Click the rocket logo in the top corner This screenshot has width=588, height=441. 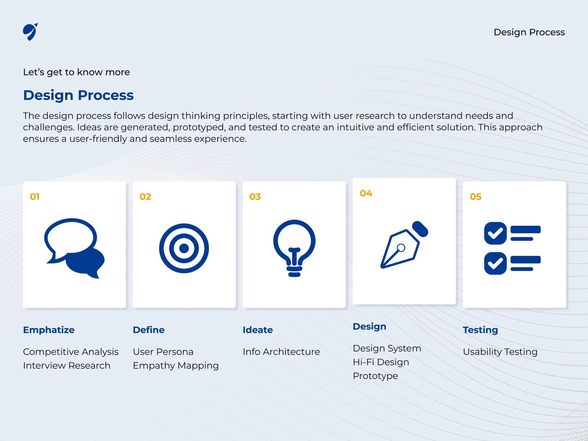pos(30,32)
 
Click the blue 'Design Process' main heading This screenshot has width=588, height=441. pos(78,95)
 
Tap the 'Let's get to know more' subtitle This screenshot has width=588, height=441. pos(76,72)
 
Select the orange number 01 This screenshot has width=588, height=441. pos(35,197)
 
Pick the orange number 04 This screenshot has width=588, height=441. pos(366,193)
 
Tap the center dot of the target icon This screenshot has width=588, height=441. pos(184,248)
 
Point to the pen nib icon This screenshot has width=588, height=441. pos(404,245)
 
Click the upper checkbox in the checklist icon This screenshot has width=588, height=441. pos(495,233)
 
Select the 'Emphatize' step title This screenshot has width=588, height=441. pos(49,330)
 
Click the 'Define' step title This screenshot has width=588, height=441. pos(149,330)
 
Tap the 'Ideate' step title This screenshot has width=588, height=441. pos(258,330)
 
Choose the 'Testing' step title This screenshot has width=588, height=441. pos(480,330)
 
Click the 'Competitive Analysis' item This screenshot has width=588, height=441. pos(71,352)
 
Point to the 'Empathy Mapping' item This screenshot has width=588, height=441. pos(176,366)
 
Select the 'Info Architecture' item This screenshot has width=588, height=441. pos(281,352)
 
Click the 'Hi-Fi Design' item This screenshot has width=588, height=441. pos(381,362)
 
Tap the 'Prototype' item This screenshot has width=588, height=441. pos(376,376)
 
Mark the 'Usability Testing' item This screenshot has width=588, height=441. pos(500,352)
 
